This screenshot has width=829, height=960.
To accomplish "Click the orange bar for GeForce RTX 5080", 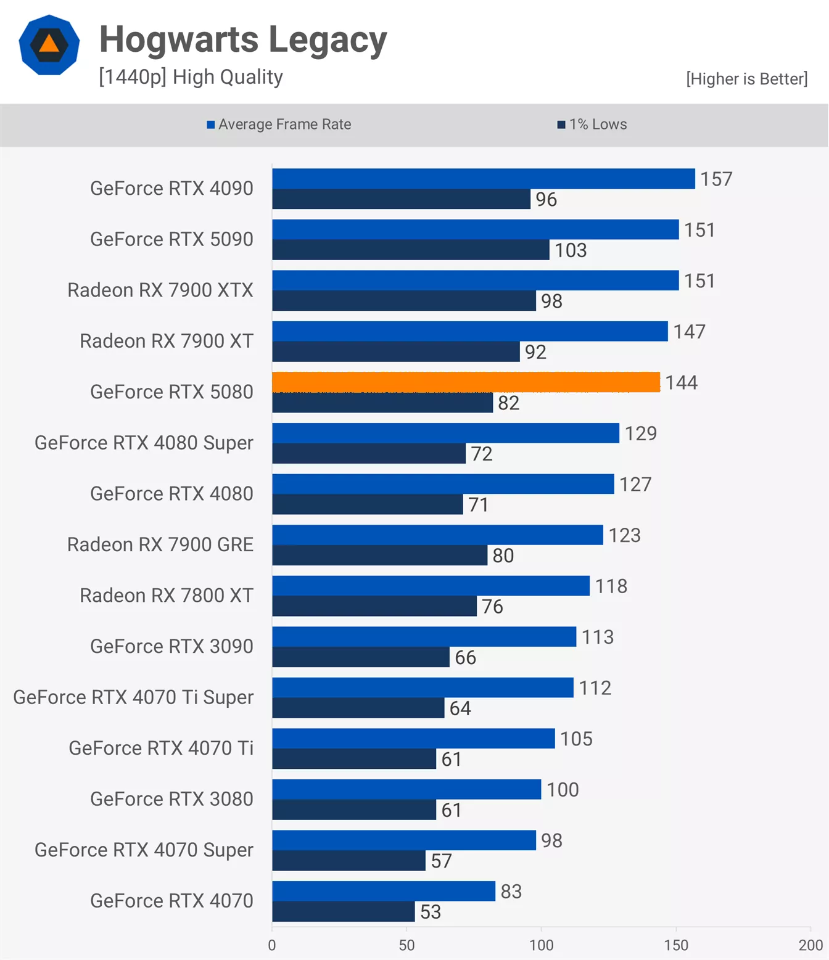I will click(x=466, y=382).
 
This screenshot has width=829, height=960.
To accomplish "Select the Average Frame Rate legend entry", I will click(x=279, y=125).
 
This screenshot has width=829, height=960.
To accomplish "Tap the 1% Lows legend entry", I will click(x=592, y=125).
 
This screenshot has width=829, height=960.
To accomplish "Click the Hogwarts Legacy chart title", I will click(x=243, y=39).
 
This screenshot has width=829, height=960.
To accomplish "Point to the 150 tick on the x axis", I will click(x=676, y=945).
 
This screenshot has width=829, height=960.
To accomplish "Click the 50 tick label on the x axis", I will click(x=406, y=945).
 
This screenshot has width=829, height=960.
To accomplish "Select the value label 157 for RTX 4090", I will click(x=716, y=179).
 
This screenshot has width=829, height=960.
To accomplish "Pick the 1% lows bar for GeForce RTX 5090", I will click(x=410, y=250).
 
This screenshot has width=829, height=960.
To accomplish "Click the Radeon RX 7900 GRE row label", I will click(x=160, y=544).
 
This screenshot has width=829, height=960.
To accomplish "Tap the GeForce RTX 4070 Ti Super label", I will click(x=133, y=697).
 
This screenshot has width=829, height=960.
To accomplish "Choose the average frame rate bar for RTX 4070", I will click(x=383, y=891).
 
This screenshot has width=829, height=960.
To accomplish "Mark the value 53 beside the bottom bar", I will click(x=431, y=912).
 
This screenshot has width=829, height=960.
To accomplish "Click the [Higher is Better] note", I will click(x=746, y=79).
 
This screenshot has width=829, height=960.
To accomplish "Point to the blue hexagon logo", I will click(x=49, y=45).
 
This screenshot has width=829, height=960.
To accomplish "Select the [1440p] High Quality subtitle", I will click(x=191, y=77).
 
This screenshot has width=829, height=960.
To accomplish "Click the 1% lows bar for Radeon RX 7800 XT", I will click(x=374, y=606).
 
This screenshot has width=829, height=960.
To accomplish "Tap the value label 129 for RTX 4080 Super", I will click(x=641, y=433).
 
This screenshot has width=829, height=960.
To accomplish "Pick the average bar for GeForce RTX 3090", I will click(x=424, y=636).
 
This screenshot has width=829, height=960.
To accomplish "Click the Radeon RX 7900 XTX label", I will click(x=160, y=290).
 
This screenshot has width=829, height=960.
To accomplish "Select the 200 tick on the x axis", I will click(x=810, y=945).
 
